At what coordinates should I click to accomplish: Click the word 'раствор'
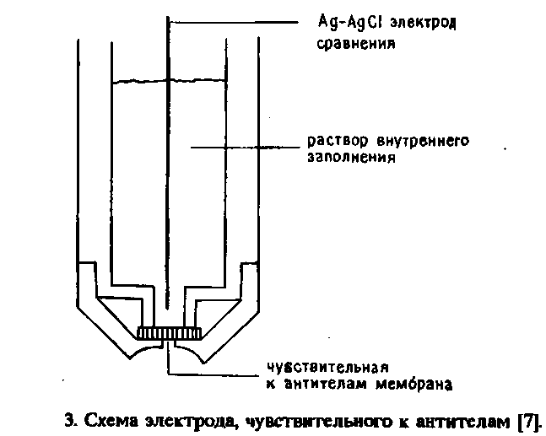click(330, 140)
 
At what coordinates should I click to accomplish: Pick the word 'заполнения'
click(348, 157)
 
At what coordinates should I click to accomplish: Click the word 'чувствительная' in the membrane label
click(326, 367)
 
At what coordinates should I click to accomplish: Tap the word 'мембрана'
click(419, 385)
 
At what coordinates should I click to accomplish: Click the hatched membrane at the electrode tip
click(169, 333)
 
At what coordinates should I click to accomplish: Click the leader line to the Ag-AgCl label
click(245, 19)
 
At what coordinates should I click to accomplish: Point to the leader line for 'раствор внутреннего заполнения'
click(245, 148)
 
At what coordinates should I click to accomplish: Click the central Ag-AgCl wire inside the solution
click(169, 211)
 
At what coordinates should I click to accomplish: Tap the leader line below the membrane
click(211, 371)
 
